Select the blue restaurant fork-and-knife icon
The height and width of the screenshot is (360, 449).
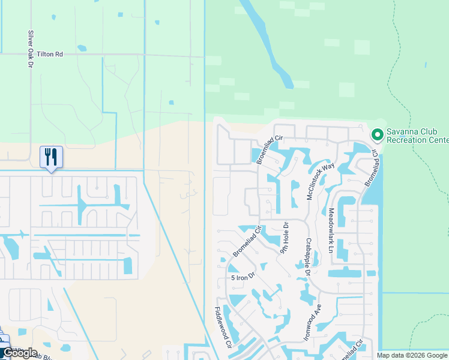click(51, 157)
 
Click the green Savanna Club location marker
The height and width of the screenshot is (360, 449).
click(378, 135)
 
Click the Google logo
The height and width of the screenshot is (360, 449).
click(19, 353)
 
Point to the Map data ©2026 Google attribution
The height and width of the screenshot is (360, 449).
click(412, 355)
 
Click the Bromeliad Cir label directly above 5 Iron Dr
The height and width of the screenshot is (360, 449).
click(247, 242)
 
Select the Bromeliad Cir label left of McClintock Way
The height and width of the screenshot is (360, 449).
click(270, 150)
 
